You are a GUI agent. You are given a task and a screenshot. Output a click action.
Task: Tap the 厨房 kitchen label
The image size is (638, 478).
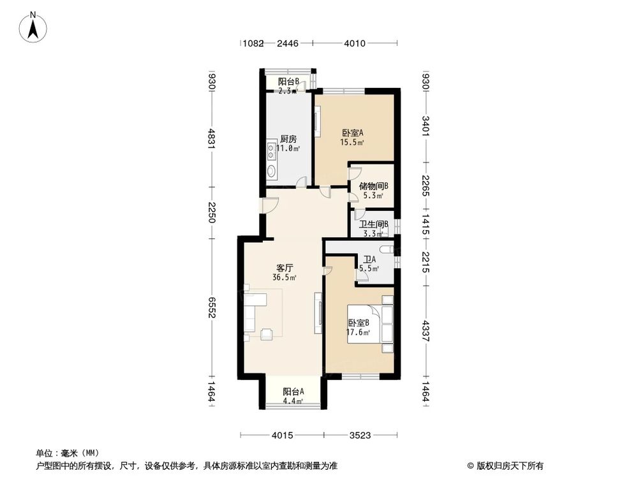(x=288, y=139)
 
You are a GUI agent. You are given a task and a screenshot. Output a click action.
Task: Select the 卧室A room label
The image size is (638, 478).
(x=352, y=133)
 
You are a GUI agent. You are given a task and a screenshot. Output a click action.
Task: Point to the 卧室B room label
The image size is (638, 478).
(x=359, y=323)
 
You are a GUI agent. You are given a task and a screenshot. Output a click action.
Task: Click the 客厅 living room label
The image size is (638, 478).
(x=285, y=268)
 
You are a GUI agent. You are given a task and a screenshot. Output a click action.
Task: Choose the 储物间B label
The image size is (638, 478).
(x=374, y=186)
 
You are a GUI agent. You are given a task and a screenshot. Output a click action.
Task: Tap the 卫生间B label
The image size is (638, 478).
(x=374, y=224)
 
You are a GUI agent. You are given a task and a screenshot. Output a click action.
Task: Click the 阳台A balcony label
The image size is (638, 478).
(x=293, y=392)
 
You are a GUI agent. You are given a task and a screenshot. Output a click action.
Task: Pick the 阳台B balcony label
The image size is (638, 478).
(x=289, y=81)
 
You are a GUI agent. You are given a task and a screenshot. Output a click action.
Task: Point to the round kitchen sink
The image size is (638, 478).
(x=272, y=171)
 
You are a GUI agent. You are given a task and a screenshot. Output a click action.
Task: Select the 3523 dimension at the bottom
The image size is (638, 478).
(x=360, y=436)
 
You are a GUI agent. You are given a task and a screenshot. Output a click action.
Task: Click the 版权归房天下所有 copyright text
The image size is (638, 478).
(x=508, y=465)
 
